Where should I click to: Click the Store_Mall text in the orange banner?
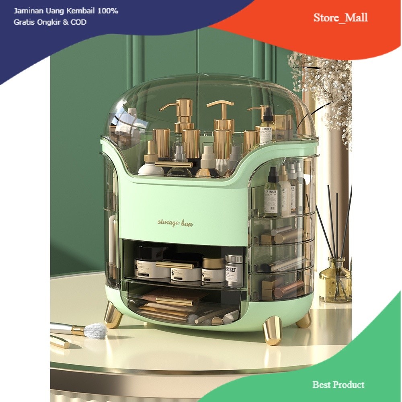[340, 18]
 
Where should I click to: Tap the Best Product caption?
[338, 385]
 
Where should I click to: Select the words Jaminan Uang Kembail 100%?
[66, 11]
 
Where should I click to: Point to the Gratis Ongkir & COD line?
[50, 22]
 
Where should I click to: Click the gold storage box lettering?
[175, 222]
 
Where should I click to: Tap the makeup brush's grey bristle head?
[95, 331]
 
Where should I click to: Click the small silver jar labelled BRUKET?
[234, 270]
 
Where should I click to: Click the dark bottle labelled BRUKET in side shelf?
[272, 193]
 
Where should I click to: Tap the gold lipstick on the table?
[60, 342]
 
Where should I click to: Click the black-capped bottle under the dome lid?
[267, 127]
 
